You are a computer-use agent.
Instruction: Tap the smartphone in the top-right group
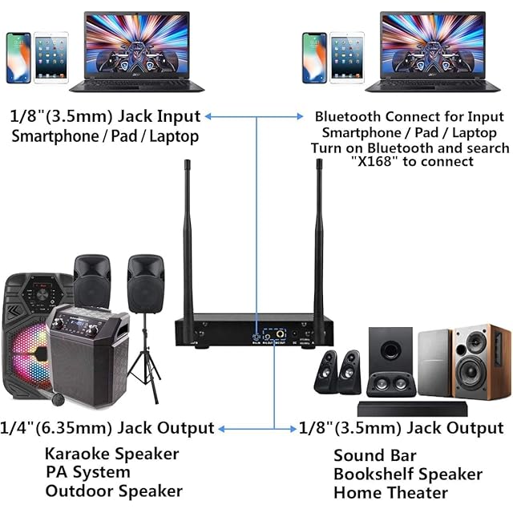(313, 58)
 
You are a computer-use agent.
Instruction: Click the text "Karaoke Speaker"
(111, 454)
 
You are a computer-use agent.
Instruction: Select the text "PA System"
(87, 472)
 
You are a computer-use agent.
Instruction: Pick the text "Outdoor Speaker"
(114, 491)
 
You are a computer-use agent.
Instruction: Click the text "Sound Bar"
(375, 456)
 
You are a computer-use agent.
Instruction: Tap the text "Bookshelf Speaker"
(408, 475)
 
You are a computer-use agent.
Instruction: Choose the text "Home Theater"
(390, 493)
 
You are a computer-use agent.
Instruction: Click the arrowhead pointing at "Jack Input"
(208, 117)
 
